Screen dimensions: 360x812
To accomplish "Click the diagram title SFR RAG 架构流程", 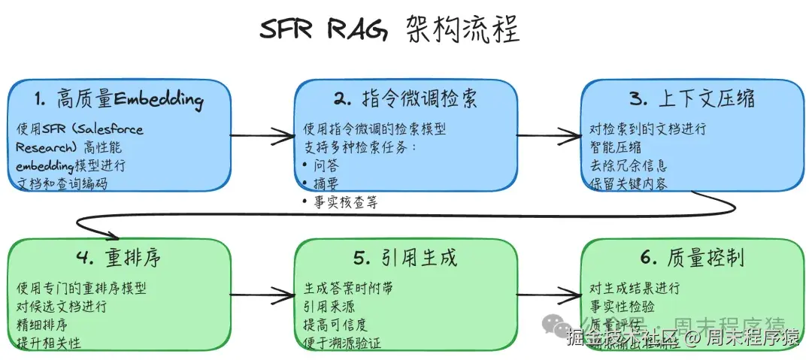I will [389, 31].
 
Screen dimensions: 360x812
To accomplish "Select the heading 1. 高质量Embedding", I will [119, 98].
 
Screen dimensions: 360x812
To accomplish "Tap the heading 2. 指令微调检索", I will [405, 98].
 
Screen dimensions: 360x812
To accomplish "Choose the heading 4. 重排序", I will [118, 258].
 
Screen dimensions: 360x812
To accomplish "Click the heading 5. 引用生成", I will [405, 258].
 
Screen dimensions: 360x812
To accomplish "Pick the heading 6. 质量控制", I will [692, 258].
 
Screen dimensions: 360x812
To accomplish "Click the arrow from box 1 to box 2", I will [262, 136].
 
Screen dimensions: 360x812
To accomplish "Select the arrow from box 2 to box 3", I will [549, 136].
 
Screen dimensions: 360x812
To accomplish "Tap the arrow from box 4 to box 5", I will [262, 295].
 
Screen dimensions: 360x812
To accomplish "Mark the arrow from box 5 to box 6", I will [549, 295].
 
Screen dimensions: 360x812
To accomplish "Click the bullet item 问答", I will [326, 165].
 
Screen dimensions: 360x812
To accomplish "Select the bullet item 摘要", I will [326, 183].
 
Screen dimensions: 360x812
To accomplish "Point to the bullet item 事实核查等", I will [343, 202].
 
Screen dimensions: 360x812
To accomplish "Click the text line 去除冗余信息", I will [629, 165].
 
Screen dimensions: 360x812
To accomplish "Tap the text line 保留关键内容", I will [629, 183].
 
